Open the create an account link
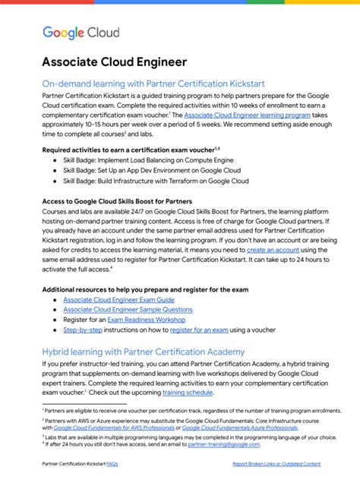tap(271, 249)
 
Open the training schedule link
tap(188, 393)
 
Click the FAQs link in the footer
tap(112, 463)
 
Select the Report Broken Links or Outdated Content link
tap(276, 463)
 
